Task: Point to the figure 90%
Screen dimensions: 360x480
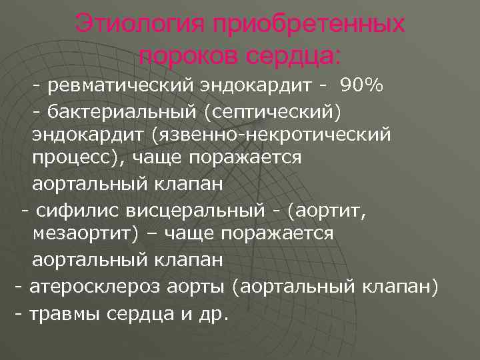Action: coord(361,85)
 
